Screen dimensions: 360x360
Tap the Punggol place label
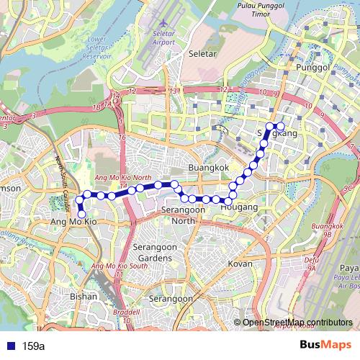click(312, 68)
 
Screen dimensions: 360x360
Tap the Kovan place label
click(240, 264)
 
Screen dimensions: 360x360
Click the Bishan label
click(84, 296)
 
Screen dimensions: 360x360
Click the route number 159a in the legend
click(33, 346)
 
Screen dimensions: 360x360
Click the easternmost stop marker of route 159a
click(281, 127)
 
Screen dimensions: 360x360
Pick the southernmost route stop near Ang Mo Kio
click(81, 214)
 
